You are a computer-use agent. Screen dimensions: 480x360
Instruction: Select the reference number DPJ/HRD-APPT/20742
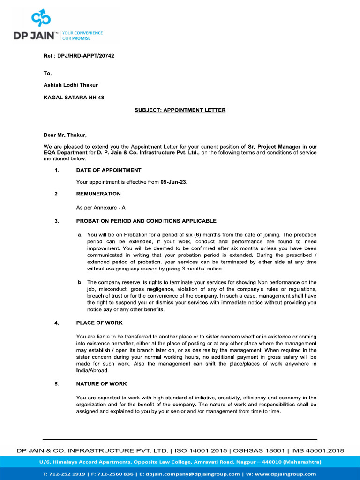[x=86, y=56]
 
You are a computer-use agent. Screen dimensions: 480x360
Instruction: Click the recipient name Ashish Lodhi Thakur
[x=71, y=85]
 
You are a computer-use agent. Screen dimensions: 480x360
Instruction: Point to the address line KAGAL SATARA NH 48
[x=74, y=97]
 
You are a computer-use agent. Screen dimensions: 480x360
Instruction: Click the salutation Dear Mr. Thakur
[x=65, y=135]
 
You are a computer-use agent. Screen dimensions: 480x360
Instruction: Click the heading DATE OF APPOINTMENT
[x=109, y=170]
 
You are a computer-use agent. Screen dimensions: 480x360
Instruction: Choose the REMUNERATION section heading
[x=98, y=194]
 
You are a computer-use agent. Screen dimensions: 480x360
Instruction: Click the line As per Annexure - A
[x=101, y=207]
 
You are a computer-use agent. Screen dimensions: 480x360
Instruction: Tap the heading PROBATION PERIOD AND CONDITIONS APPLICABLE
[x=146, y=221]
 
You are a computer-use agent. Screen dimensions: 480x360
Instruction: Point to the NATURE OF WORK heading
[x=102, y=384]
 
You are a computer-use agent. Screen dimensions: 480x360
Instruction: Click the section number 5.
[x=57, y=384]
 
